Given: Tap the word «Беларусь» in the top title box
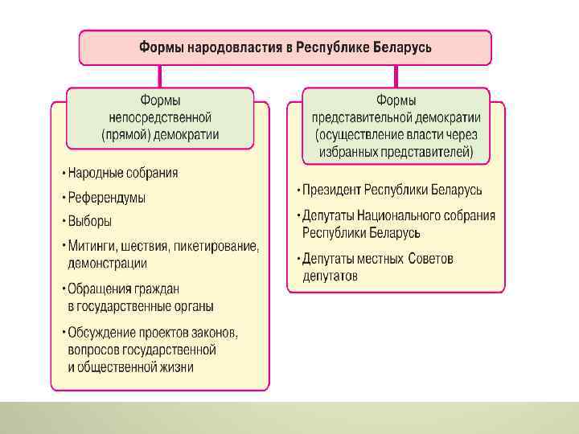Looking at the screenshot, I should pos(401,47).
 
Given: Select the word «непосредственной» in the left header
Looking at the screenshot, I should pos(159,117).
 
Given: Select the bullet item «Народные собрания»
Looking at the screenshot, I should pos(122,173).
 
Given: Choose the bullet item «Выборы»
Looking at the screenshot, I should pos(89,221).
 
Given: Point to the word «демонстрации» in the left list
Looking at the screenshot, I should pos(107,263).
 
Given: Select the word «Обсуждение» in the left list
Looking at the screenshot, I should pos(100,333).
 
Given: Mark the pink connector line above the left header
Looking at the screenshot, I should pos(159,77).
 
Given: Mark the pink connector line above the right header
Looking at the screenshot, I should pos(396,77).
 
